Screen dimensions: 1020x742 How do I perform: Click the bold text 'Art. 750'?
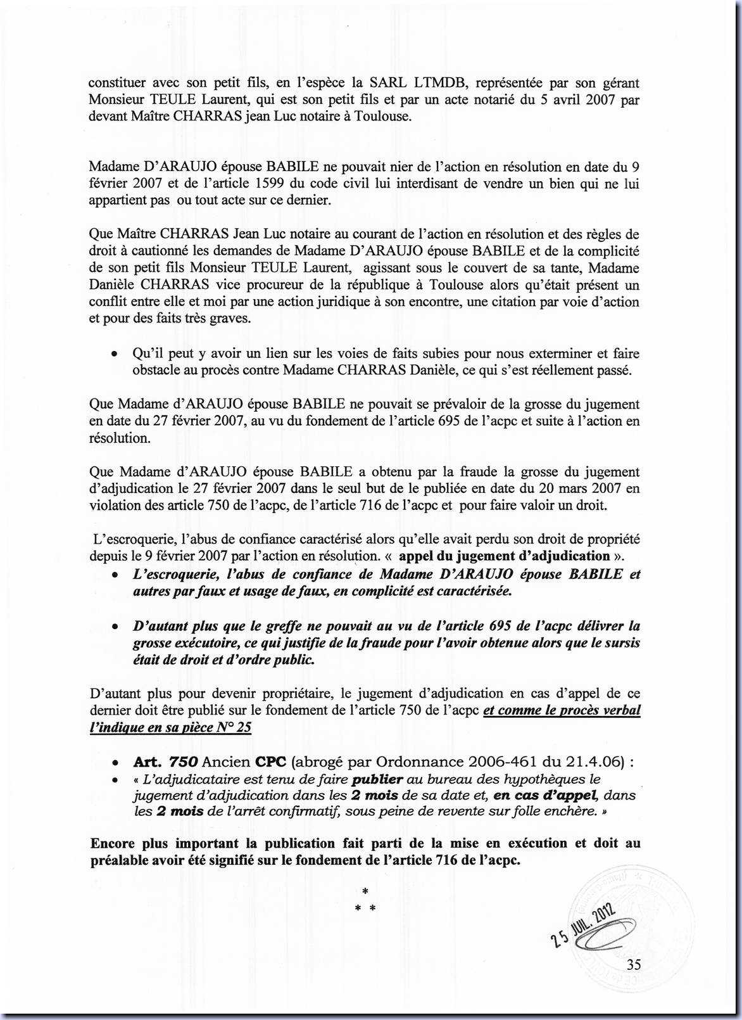[167, 762]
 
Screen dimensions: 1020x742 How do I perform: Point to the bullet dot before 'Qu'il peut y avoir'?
[114, 354]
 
